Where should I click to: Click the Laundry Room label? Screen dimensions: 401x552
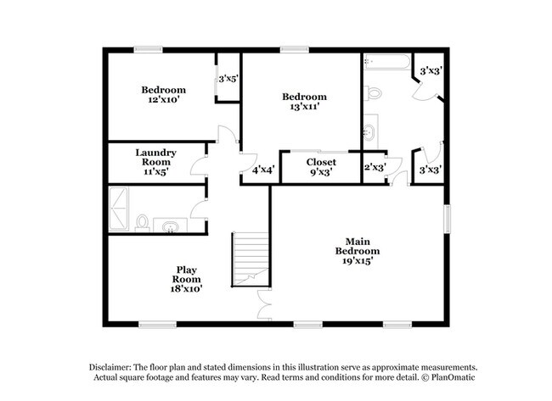(155, 161)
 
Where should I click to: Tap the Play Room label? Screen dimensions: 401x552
(186, 279)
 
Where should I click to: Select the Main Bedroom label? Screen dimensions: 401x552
(357, 251)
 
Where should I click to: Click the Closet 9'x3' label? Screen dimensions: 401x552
(321, 165)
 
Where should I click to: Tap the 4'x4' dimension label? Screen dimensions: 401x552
(262, 170)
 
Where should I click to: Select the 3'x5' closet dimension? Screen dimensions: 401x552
(228, 79)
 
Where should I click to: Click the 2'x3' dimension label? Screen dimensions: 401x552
(374, 168)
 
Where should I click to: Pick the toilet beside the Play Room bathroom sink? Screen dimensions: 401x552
(143, 223)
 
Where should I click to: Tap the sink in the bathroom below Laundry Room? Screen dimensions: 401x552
(172, 226)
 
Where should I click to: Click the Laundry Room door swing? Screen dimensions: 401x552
(198, 164)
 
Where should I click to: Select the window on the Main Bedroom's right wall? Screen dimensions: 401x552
(445, 217)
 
